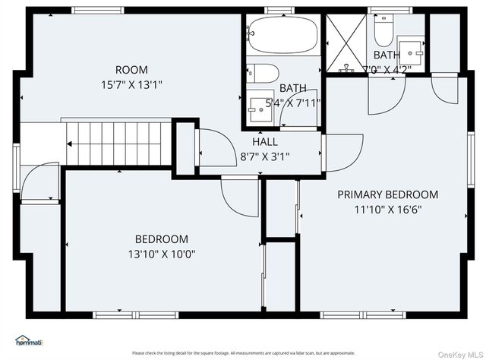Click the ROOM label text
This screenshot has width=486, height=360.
(132, 70)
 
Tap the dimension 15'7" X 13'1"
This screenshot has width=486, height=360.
(132, 84)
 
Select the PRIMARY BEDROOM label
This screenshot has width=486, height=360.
(387, 194)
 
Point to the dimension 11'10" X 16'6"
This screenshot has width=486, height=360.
(387, 209)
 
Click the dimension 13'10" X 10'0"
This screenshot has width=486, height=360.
(162, 254)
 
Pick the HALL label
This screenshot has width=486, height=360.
(265, 142)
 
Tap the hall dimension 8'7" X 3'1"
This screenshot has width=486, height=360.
(265, 156)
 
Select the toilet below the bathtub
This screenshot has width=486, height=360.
(262, 74)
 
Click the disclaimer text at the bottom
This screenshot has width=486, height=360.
(243, 353)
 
